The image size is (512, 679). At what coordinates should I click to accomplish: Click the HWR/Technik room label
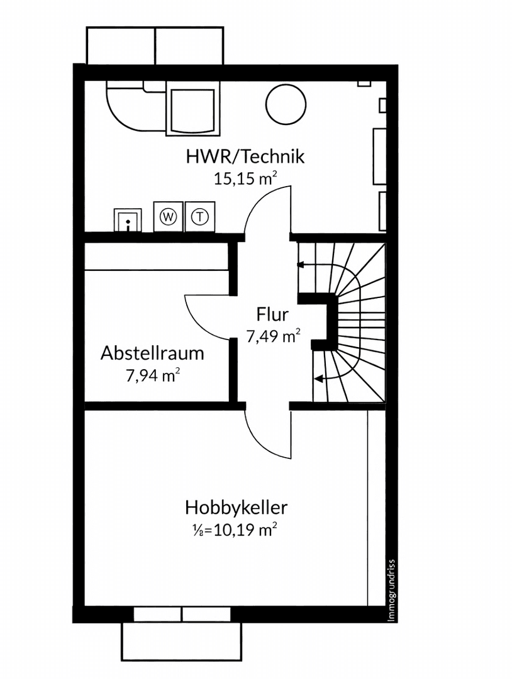245,156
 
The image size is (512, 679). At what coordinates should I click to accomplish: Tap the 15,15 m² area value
245,179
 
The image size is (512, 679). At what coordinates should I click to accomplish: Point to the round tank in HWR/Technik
286,105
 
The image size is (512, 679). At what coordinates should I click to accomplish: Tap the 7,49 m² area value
272,336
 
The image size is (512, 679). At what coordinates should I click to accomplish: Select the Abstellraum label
152,353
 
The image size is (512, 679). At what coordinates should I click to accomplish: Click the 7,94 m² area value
153,376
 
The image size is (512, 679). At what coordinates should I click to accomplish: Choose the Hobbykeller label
236,507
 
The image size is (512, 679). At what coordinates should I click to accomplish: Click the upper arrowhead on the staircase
301,265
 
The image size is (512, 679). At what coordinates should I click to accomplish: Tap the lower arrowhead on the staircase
318,378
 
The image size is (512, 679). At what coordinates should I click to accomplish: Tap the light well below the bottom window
182,642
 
